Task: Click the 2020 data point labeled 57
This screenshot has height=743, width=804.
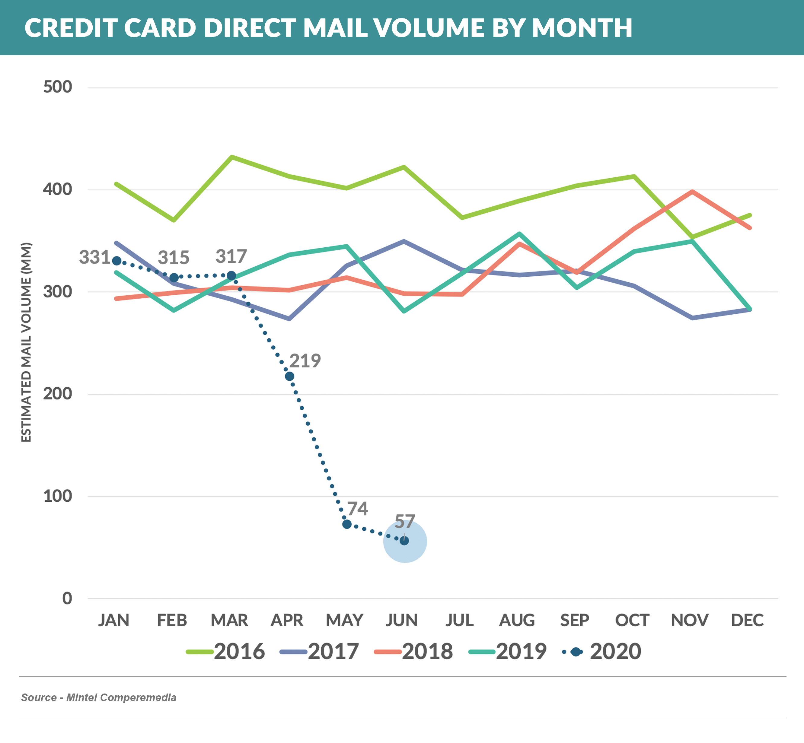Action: [404, 541]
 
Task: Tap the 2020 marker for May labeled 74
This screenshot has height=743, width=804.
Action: [347, 524]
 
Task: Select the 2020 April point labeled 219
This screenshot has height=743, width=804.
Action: [289, 376]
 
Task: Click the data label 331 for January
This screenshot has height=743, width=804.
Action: [94, 257]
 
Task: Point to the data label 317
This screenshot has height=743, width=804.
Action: [231, 256]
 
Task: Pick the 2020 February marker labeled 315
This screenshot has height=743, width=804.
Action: [174, 278]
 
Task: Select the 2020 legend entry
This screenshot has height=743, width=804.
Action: [601, 652]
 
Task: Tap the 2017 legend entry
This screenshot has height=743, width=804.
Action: [319, 652]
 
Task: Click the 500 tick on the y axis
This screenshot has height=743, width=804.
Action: [58, 87]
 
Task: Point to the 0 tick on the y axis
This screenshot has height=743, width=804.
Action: [67, 599]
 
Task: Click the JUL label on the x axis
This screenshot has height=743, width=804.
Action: [459, 620]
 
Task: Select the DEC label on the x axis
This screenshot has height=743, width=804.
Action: [747, 620]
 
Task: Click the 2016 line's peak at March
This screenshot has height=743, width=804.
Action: [232, 157]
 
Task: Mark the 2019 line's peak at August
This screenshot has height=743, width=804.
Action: [519, 233]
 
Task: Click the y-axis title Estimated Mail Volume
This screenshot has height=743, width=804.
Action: [26, 342]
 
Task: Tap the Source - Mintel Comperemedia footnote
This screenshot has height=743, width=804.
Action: [99, 697]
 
